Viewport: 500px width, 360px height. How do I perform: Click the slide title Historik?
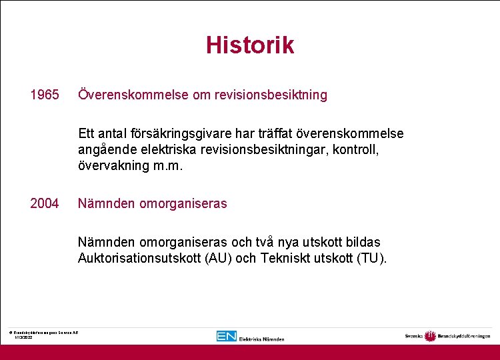[249, 45]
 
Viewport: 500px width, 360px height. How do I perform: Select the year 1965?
[44, 95]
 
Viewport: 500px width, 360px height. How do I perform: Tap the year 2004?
[44, 203]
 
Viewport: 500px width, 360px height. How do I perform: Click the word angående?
[106, 150]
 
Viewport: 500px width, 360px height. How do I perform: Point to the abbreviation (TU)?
[372, 258]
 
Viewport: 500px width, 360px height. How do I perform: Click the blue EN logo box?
[226, 336]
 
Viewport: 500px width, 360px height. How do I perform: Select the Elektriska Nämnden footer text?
[261, 338]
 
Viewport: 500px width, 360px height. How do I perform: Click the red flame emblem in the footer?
[430, 335]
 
